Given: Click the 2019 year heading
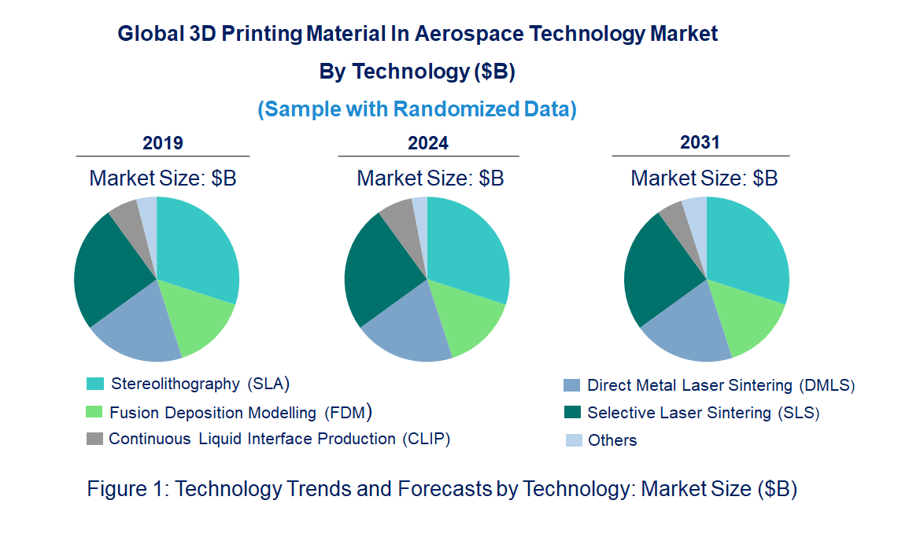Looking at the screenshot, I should click(x=163, y=143).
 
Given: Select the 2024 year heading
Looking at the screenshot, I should click(x=428, y=143).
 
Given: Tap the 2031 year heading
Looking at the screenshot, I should click(x=700, y=142).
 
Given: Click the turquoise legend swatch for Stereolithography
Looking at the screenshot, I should click(x=94, y=384).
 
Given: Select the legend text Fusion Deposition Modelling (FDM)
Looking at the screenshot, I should click(x=240, y=413).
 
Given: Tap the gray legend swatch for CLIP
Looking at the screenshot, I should click(x=94, y=439).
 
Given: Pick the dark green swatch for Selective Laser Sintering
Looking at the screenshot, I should click(x=572, y=413).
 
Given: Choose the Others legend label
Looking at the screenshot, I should click(x=612, y=440).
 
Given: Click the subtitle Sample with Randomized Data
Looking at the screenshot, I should click(x=417, y=109).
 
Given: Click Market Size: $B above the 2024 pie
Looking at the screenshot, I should click(x=430, y=178).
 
